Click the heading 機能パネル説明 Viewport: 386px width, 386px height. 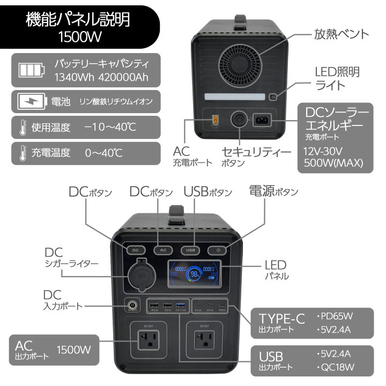pos(78,21)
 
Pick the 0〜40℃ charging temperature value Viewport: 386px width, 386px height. pos(103,153)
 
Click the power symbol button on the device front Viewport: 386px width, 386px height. pos(218,250)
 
